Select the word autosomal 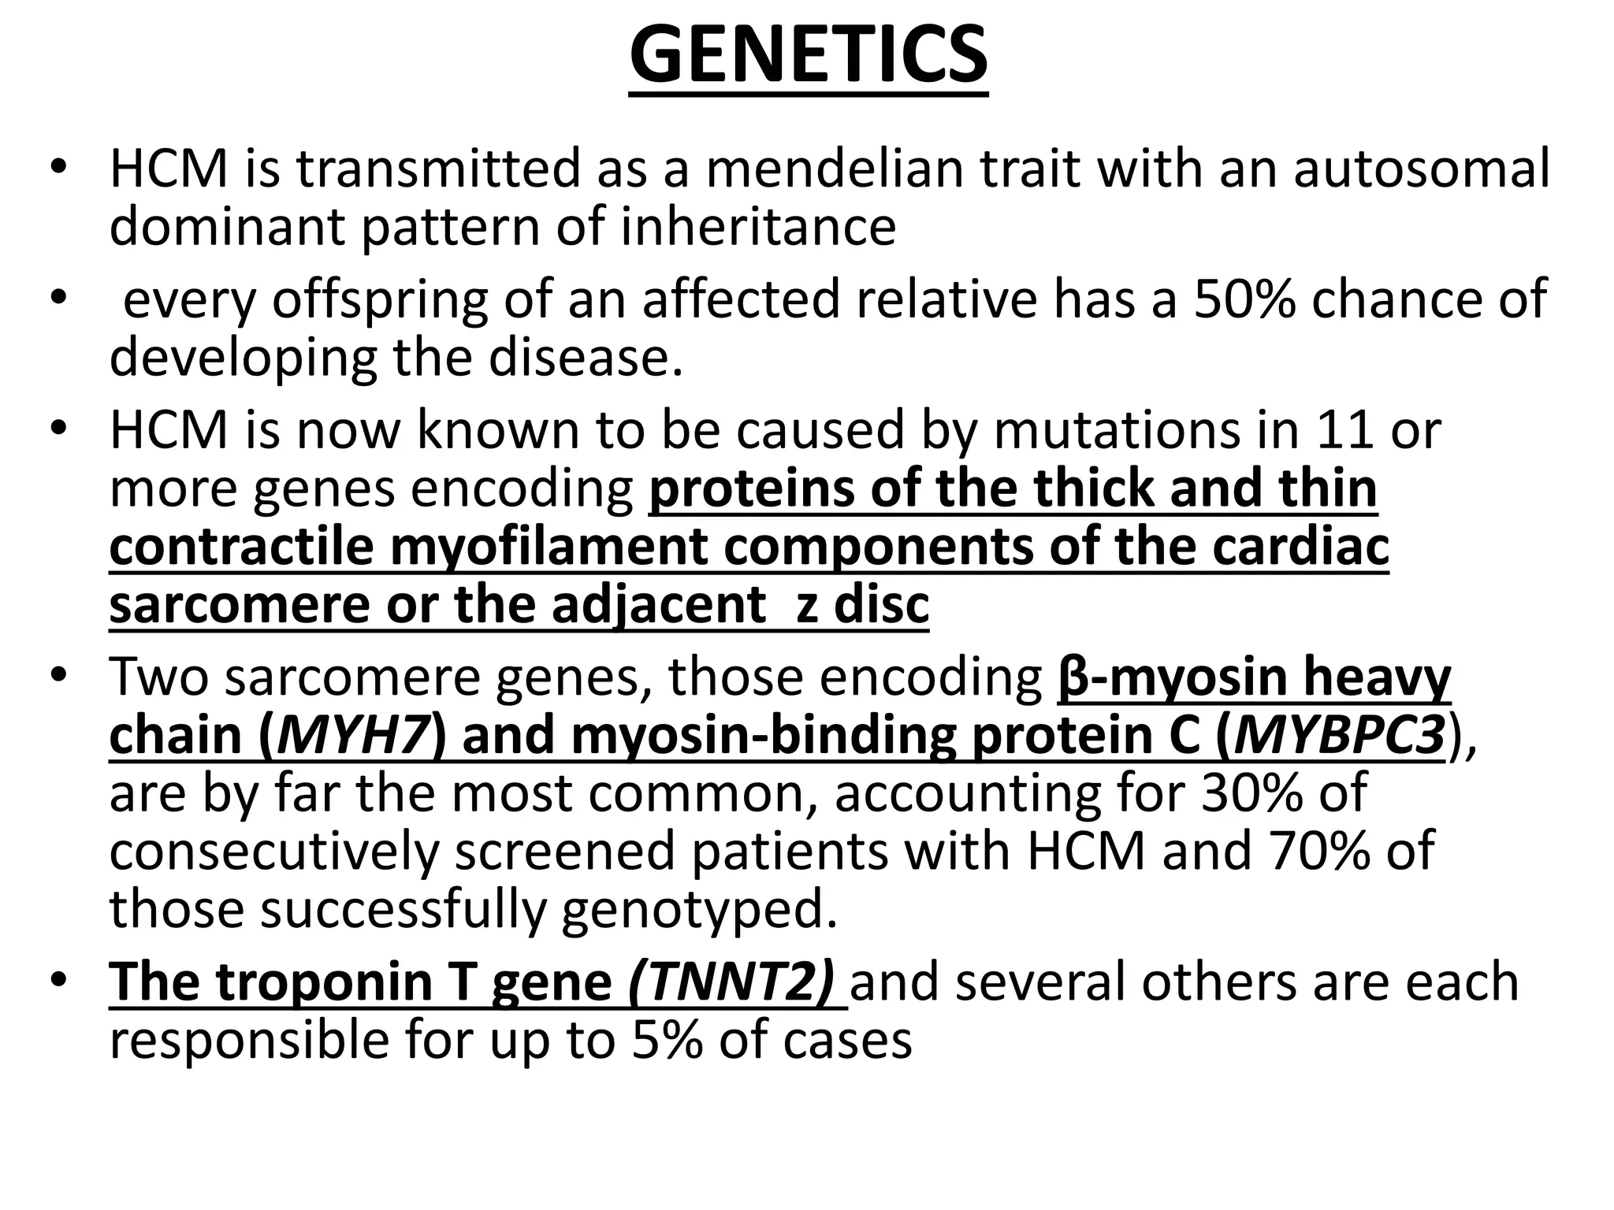click(x=1421, y=169)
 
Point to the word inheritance click(x=758, y=227)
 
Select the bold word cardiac click(x=1300, y=547)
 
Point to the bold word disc click(x=882, y=605)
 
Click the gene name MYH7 click(x=353, y=735)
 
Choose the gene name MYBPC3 click(x=1339, y=735)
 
